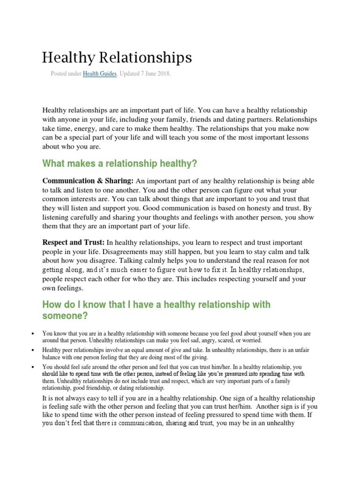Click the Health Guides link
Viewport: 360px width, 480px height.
point(100,74)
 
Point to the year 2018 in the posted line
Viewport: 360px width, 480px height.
point(163,74)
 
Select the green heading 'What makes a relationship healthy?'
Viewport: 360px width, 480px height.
point(120,164)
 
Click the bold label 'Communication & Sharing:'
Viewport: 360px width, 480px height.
point(88,181)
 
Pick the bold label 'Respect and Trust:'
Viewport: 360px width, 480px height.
point(74,242)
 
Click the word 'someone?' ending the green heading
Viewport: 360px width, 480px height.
point(65,316)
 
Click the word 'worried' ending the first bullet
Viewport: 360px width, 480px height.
point(250,340)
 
